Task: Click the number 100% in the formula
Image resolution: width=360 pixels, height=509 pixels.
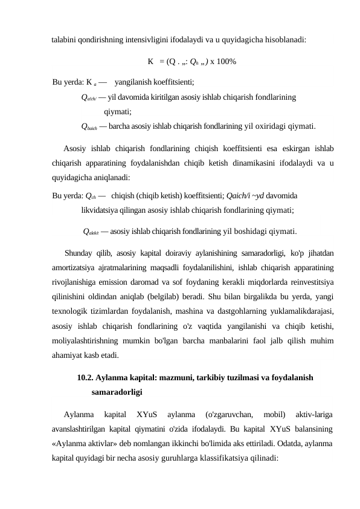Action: tap(223, 62)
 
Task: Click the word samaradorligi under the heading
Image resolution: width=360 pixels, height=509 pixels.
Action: tap(117, 392)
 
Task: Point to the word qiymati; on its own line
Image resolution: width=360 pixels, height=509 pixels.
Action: tap(118, 111)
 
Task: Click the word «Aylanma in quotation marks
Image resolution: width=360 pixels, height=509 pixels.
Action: tap(69, 444)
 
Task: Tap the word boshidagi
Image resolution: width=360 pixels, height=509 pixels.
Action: tap(242, 230)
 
